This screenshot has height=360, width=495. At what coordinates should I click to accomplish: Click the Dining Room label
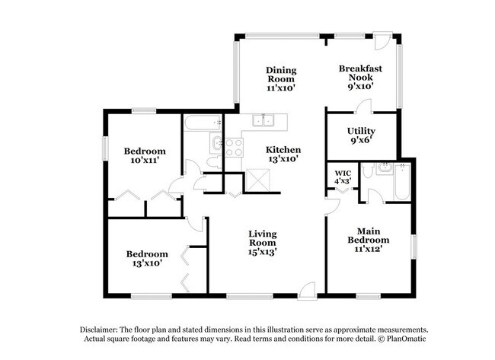(x=281, y=79)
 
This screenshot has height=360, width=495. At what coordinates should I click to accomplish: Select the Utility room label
(x=361, y=135)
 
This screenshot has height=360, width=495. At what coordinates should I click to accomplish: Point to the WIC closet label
(x=342, y=177)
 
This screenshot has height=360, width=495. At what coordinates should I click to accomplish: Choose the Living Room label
(x=262, y=242)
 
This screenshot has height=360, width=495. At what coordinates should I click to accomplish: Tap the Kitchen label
(x=283, y=155)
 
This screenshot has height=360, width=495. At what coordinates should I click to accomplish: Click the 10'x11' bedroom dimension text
(x=145, y=161)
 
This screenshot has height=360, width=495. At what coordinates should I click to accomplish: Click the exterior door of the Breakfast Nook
(x=386, y=40)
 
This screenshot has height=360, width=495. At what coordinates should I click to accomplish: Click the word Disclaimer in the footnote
(x=104, y=329)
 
